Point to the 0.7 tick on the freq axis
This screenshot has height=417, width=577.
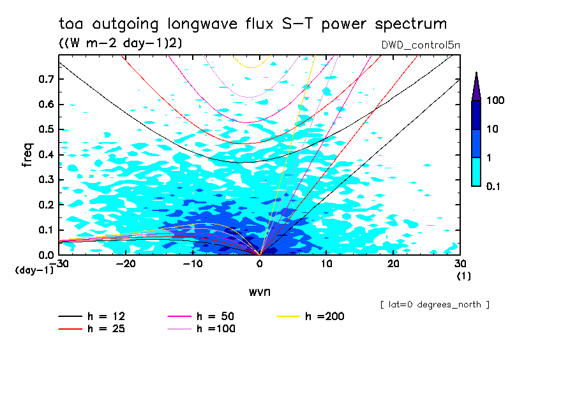[47, 79]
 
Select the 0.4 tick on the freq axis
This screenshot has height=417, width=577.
[47, 155]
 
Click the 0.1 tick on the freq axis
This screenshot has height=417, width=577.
[47, 230]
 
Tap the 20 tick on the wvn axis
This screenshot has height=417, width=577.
[394, 263]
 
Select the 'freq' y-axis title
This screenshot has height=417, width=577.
[27, 155]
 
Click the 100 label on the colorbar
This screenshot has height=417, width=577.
[496, 101]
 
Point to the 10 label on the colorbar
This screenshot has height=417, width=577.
[493, 129]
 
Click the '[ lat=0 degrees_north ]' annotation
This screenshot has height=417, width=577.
[434, 305]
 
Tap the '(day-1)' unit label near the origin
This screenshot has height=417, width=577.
[33, 270]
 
